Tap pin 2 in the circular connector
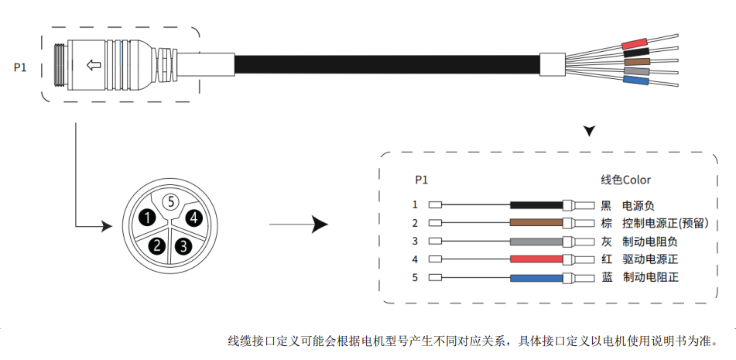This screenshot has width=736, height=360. coord(158,246)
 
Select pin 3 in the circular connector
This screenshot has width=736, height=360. coord(183,247)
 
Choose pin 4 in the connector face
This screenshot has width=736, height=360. coord(194,218)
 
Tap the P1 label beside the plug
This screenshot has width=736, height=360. coord(20,67)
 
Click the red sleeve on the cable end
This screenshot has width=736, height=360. coord(635,44)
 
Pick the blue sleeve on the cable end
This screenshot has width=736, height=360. coord(635,80)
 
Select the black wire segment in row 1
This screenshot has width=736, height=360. coord(536,206)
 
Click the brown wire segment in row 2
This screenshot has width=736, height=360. coord(536,224)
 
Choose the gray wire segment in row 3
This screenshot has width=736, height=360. coord(536,242)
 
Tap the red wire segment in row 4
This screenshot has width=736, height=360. coord(536,259)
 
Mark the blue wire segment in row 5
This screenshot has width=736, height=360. coord(536,277)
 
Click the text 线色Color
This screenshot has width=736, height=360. coord(626,180)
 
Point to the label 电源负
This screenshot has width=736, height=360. coord(638,206)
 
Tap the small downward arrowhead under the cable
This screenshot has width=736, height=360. coord(590,131)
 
